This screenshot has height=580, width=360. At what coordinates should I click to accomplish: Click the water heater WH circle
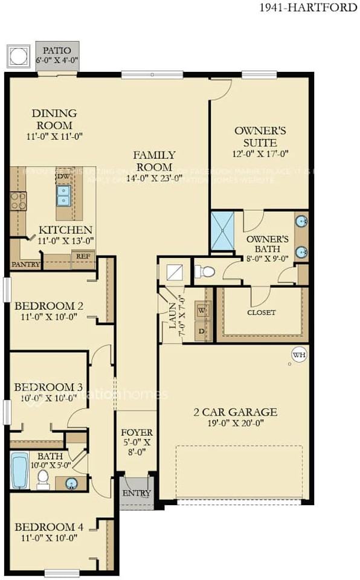[x=299, y=355]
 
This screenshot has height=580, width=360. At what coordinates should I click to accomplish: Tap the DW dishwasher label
[x=63, y=176]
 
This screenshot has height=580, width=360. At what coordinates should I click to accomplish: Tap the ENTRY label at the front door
[x=137, y=493]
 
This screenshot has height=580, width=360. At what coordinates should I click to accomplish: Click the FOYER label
[x=137, y=433]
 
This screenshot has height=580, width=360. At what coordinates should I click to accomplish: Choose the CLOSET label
[x=261, y=312]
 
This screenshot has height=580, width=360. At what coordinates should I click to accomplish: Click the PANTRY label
[x=25, y=264]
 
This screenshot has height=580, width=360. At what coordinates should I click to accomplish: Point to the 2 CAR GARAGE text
[x=235, y=412]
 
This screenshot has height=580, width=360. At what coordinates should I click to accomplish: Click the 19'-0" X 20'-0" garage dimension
[x=235, y=424]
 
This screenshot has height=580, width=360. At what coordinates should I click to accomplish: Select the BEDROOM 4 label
[x=45, y=526]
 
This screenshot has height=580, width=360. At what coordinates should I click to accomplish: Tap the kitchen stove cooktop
[x=18, y=200]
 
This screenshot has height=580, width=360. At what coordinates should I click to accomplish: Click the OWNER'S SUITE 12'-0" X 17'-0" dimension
[x=256, y=155]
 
